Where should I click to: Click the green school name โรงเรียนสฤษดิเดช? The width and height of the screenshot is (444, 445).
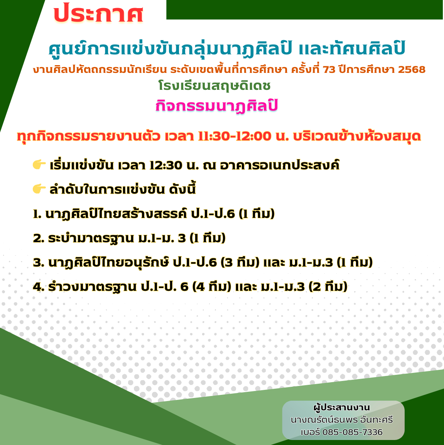(214, 86)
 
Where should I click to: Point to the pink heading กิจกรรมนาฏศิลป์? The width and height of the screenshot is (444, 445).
(216, 106)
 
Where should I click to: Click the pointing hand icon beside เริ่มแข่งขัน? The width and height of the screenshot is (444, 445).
(39, 164)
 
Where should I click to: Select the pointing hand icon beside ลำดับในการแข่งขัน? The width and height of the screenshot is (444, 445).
(39, 189)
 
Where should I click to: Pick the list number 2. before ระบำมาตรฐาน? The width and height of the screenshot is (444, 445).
(39, 238)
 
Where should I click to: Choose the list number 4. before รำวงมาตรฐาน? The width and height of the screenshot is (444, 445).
(39, 287)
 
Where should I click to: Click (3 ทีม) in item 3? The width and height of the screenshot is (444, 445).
(240, 263)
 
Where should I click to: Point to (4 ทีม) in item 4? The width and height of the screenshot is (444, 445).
(212, 287)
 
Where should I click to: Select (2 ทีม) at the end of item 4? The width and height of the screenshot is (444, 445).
(328, 287)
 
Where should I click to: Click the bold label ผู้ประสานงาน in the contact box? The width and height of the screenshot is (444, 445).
(341, 408)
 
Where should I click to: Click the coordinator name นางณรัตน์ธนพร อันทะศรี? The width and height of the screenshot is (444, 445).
(342, 420)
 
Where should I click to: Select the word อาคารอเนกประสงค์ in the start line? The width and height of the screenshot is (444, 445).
(280, 165)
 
